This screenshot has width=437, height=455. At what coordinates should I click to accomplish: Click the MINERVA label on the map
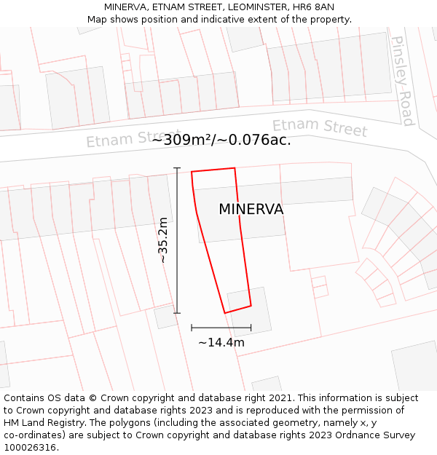click(251, 210)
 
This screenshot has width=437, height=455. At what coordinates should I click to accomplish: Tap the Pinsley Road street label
click(402, 80)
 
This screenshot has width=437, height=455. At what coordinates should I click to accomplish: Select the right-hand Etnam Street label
click(320, 127)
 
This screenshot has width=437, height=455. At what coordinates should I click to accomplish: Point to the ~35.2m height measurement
click(163, 240)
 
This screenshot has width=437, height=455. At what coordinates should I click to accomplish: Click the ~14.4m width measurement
click(221, 342)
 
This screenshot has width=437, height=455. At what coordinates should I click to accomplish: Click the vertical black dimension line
click(177, 240)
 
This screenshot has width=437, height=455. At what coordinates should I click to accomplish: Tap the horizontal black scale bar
click(221, 328)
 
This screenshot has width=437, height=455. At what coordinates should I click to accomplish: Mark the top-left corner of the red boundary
click(192, 173)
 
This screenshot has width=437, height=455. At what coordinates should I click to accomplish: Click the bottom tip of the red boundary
click(225, 313)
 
